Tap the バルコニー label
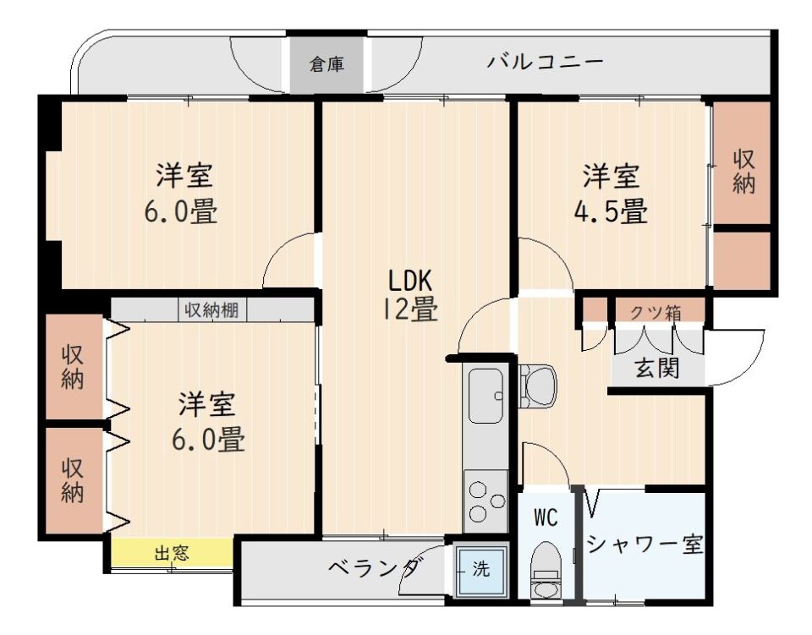tap(546, 63)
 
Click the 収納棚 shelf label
tap(211, 309)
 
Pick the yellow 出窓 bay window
tap(172, 554)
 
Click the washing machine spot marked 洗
tap(480, 569)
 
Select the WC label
tap(546, 518)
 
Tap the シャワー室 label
tap(645, 545)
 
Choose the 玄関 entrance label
tap(657, 370)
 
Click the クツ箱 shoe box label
tap(656, 311)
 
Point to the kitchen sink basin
tap(486, 396)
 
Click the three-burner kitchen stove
tap(486, 502)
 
